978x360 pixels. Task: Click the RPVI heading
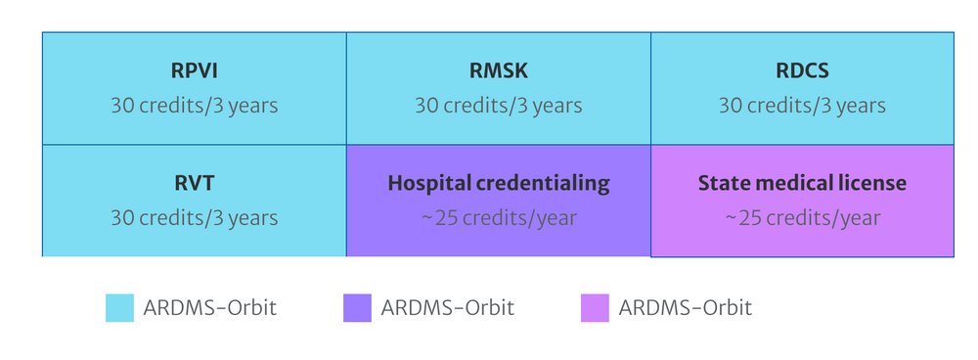click(x=194, y=72)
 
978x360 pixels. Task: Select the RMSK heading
click(x=498, y=72)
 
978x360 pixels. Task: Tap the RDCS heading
click(x=802, y=72)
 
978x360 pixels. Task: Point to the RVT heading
click(x=194, y=183)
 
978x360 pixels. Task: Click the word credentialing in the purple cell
click(x=552, y=183)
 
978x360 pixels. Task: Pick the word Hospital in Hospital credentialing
click(x=426, y=183)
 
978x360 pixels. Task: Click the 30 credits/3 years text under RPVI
click(x=194, y=105)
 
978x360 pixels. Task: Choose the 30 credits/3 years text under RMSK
click(x=498, y=105)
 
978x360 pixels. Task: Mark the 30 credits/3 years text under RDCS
click(x=802, y=105)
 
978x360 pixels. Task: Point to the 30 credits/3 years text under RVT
click(x=194, y=217)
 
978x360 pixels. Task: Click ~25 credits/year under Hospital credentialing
click(x=498, y=217)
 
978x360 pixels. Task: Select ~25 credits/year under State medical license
click(x=802, y=217)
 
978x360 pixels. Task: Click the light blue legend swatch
click(x=119, y=308)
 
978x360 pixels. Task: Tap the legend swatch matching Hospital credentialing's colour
click(x=357, y=308)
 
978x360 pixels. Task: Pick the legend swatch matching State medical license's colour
click(x=595, y=308)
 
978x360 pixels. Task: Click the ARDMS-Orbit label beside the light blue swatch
click(x=210, y=308)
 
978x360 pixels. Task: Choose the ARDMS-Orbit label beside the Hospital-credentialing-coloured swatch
click(x=448, y=308)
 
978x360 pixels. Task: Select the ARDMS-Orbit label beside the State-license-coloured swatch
click(x=686, y=308)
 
